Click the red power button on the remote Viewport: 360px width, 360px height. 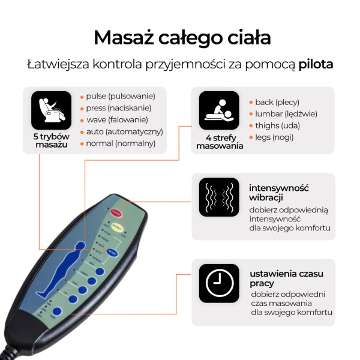(116, 212)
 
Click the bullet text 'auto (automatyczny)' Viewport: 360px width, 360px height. (124, 131)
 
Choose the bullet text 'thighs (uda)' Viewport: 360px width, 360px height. (277, 125)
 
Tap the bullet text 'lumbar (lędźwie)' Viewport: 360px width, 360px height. (286, 113)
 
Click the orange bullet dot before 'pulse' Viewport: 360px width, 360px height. (82, 97)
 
